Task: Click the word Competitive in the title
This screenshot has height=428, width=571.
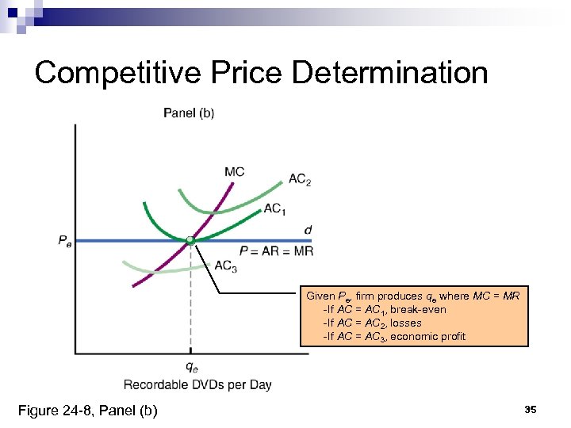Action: click(109, 73)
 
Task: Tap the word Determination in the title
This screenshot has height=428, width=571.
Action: click(390, 73)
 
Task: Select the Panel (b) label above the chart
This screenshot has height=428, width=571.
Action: click(189, 113)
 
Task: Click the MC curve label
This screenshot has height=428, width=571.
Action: click(234, 171)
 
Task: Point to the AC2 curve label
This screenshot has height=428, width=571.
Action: click(300, 180)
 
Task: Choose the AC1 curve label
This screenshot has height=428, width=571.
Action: click(274, 208)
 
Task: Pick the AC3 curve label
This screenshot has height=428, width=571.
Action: click(226, 266)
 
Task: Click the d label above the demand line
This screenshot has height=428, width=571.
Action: click(308, 230)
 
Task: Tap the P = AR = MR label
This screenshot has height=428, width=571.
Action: click(276, 250)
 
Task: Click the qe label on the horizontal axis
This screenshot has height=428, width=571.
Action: click(191, 366)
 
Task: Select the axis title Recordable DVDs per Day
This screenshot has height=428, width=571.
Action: click(197, 384)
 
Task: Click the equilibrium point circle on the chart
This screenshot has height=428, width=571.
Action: click(190, 239)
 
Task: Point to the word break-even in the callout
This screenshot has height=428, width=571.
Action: click(419, 309)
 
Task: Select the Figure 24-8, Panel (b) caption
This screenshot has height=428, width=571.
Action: click(88, 410)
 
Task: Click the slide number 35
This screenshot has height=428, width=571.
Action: click(531, 409)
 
